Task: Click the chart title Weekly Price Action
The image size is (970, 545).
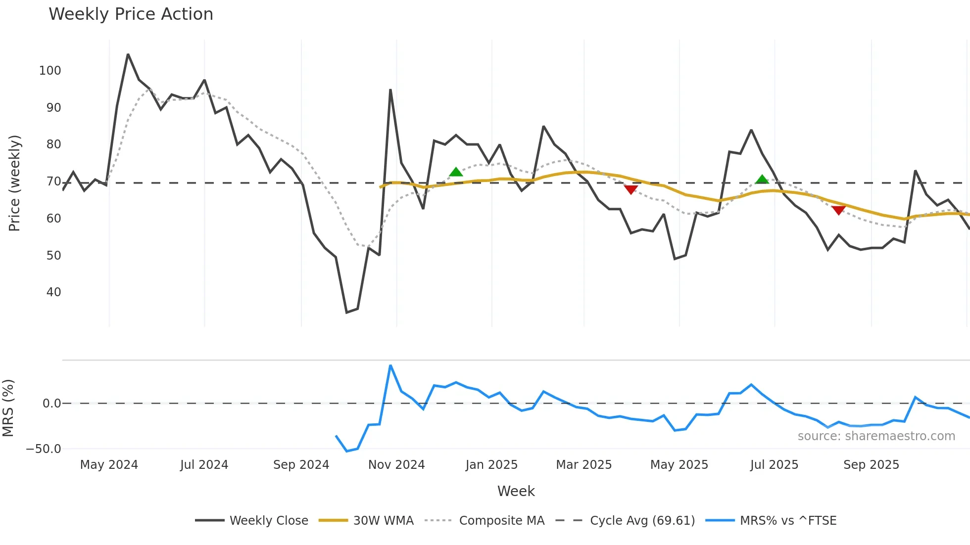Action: [x=131, y=14]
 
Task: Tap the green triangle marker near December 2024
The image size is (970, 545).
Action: [x=456, y=172]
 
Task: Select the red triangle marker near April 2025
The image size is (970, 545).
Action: [x=630, y=189]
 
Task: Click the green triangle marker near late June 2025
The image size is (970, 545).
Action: [x=762, y=180]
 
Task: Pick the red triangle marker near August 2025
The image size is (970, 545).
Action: [x=838, y=210]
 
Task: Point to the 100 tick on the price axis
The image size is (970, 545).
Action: [x=50, y=71]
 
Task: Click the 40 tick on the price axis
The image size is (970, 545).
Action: [x=53, y=292]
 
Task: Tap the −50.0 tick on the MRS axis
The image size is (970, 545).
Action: [x=44, y=449]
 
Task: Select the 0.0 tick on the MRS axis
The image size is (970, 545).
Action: [x=51, y=404]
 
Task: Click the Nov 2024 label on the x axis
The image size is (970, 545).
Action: [x=396, y=465]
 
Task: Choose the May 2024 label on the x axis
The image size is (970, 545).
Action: [x=109, y=465]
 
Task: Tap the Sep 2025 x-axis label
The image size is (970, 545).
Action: [x=871, y=465]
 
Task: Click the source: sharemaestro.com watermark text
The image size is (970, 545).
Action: [x=876, y=436]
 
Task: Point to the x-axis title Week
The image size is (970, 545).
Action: [x=516, y=491]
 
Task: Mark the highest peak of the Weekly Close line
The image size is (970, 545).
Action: [x=128, y=54]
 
